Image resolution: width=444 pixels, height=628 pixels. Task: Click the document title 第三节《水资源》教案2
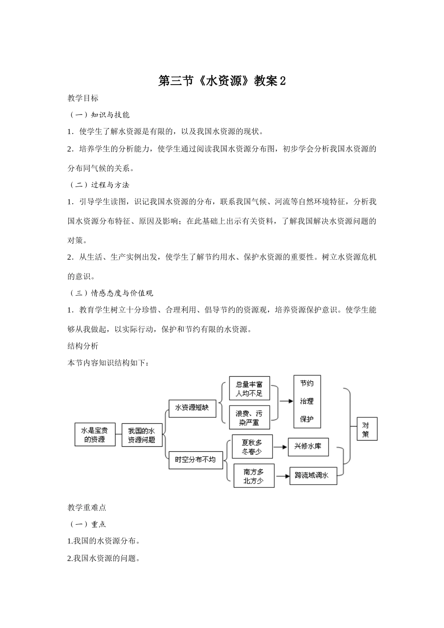coord(222,81)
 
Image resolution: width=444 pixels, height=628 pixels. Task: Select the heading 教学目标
coord(83,98)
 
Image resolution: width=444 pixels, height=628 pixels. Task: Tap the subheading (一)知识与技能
coord(99,115)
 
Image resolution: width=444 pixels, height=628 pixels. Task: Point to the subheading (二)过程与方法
coord(99,185)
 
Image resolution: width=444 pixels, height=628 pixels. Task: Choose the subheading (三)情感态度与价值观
coord(111,293)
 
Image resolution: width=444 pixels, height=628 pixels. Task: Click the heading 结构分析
coord(83,346)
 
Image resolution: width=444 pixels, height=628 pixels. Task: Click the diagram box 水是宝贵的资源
coord(95,435)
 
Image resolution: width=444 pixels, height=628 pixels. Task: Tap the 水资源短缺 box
coord(192,408)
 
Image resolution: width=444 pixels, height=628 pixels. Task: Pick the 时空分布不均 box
coord(195,460)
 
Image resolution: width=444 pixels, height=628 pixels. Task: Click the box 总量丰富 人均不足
coord(249,389)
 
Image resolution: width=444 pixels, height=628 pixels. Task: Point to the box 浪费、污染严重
coord(249,418)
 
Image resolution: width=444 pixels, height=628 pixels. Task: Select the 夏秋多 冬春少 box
coord(252,447)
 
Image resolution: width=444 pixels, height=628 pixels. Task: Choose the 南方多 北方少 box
coord(254,476)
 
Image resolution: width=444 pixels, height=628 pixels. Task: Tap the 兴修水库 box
coord(308,447)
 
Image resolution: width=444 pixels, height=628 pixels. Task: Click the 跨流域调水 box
coord(313,476)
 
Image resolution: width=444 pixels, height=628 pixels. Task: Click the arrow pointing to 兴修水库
coord(280,447)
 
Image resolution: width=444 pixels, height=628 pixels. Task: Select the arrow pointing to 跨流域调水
coord(282,476)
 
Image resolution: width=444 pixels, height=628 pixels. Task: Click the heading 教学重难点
coord(87,507)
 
